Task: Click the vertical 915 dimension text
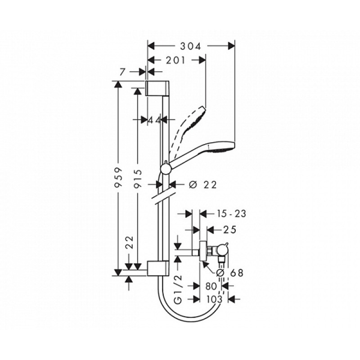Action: pyautogui.click(x=137, y=179)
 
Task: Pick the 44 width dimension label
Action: pyautogui.click(x=154, y=120)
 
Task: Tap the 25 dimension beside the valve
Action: pyautogui.click(x=229, y=230)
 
